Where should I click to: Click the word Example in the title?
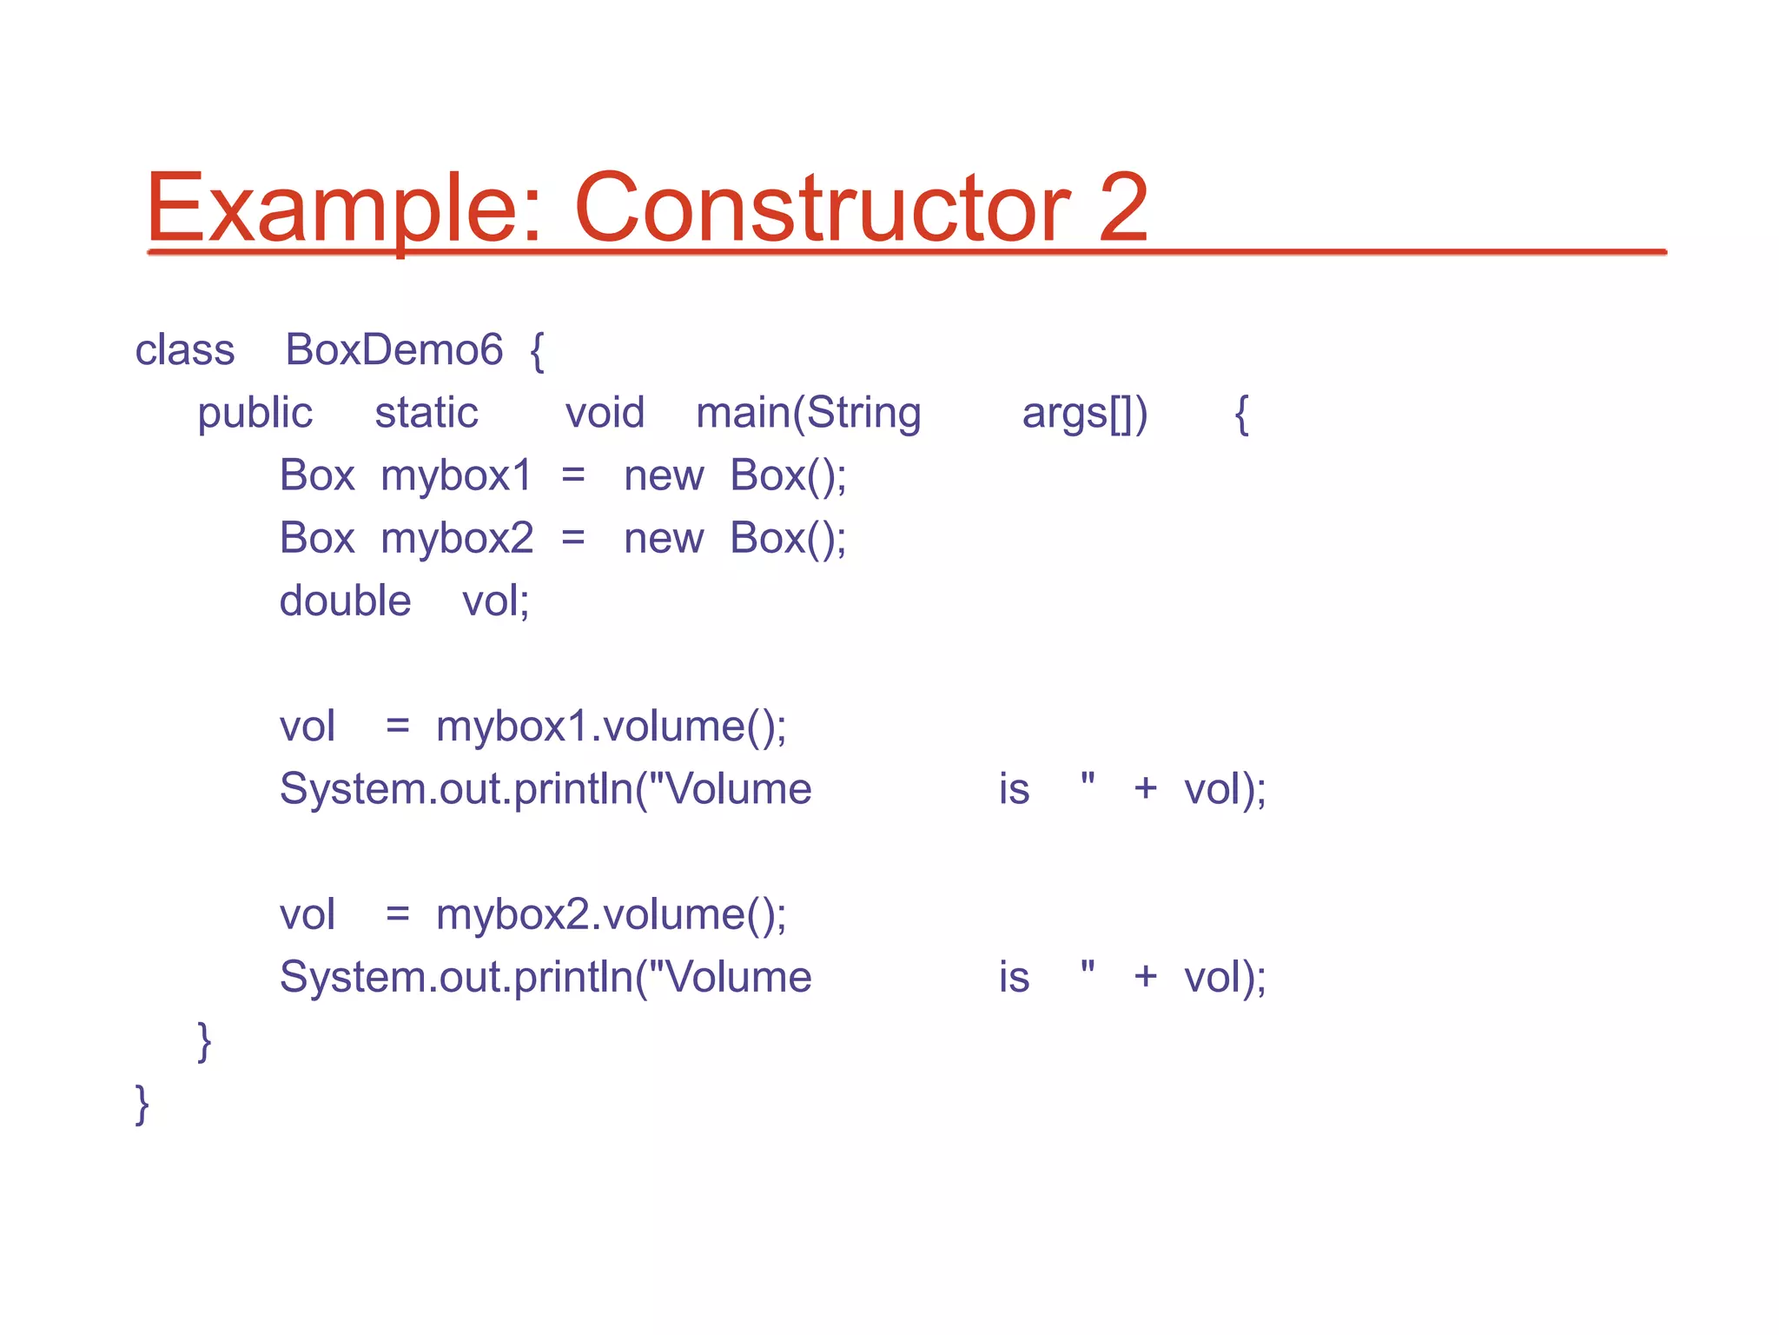click(x=343, y=209)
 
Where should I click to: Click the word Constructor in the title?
click(x=821, y=209)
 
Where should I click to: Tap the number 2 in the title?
click(x=1122, y=209)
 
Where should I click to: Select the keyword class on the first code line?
click(x=184, y=350)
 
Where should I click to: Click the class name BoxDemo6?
click(x=393, y=350)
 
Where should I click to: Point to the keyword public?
click(x=255, y=413)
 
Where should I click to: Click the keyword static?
click(x=426, y=413)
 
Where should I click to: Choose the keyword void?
click(x=605, y=413)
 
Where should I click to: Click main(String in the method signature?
click(x=808, y=413)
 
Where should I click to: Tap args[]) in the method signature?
click(x=1084, y=413)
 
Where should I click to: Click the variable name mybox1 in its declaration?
click(x=456, y=475)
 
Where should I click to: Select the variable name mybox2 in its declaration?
click(x=457, y=538)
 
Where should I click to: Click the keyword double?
click(x=345, y=601)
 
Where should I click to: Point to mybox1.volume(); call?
click(x=611, y=727)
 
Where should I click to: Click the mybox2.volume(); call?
click(x=611, y=914)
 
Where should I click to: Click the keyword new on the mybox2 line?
click(x=663, y=539)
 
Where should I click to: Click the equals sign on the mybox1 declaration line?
click(x=572, y=476)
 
